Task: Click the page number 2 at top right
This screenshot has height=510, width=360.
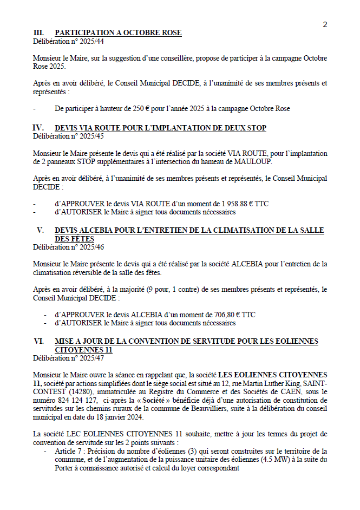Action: pyautogui.click(x=325, y=24)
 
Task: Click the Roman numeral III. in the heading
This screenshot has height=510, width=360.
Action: pyautogui.click(x=38, y=33)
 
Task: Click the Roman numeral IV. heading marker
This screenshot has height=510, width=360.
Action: pyautogui.click(x=38, y=128)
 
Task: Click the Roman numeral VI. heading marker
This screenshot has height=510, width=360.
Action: pyautogui.click(x=38, y=342)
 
